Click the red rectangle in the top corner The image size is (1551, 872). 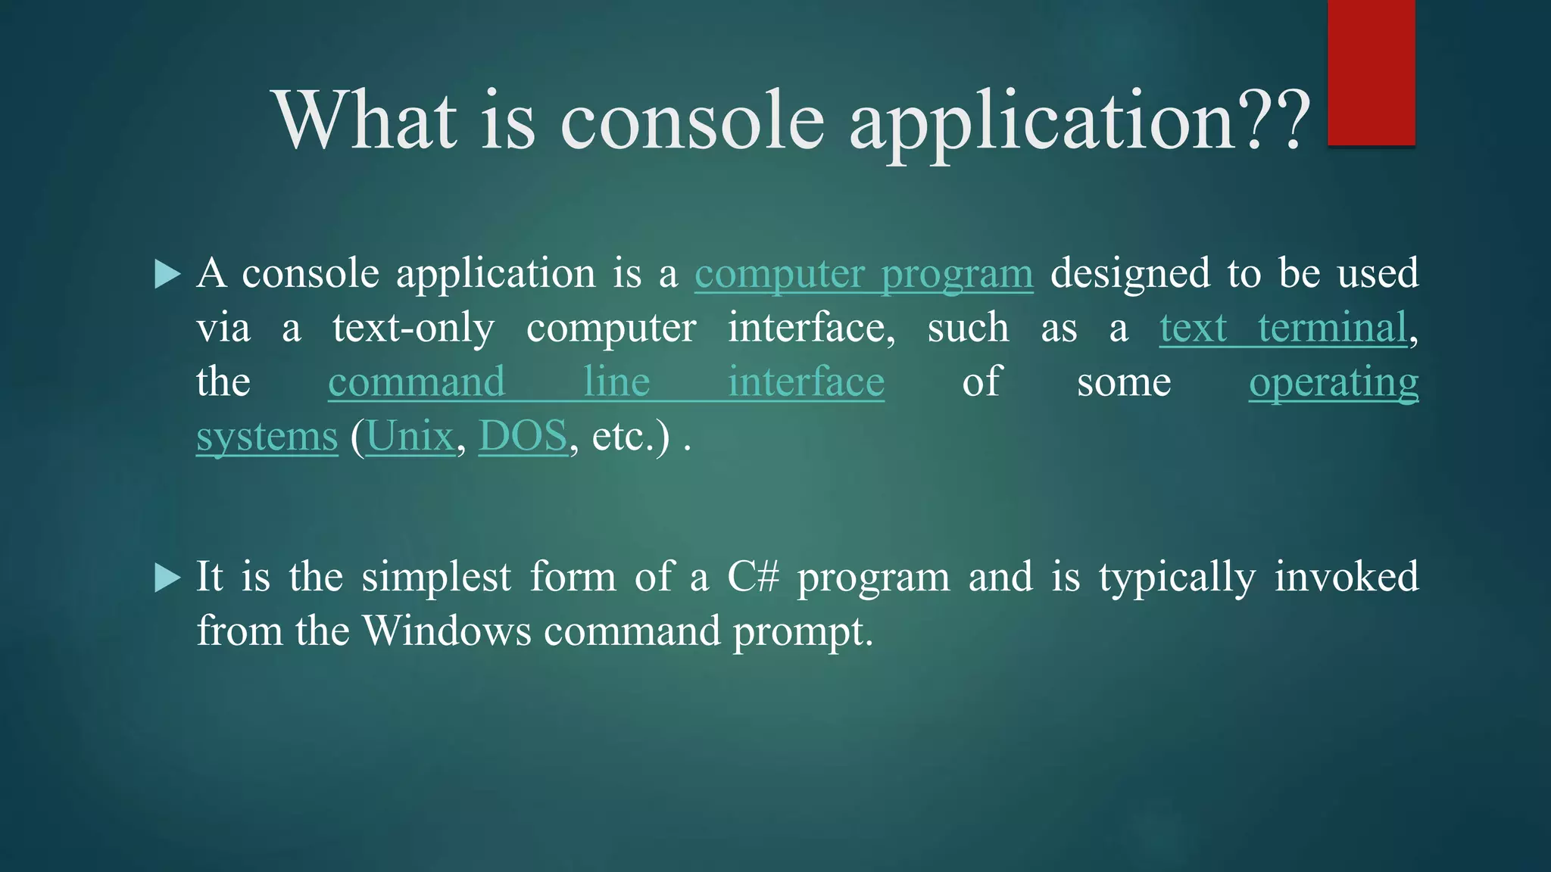pyautogui.click(x=1371, y=73)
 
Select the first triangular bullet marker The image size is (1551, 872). pyautogui.click(x=167, y=274)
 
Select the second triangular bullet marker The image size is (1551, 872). pyautogui.click(x=167, y=578)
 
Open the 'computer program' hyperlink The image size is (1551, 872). pyautogui.click(x=863, y=274)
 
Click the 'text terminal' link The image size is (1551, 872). pyautogui.click(x=1283, y=329)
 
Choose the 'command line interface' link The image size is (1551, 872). pyautogui.click(x=606, y=382)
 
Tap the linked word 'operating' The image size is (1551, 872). pyautogui.click(x=1333, y=382)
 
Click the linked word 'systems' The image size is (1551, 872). pyautogui.click(x=267, y=438)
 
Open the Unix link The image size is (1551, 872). pyautogui.click(x=410, y=437)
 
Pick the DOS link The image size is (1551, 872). pyautogui.click(x=523, y=437)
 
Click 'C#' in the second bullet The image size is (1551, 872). pyautogui.click(x=753, y=577)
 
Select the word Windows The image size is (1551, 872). pyautogui.click(x=447, y=631)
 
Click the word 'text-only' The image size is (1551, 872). pyautogui.click(x=413, y=329)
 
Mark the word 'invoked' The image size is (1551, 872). pyautogui.click(x=1346, y=577)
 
